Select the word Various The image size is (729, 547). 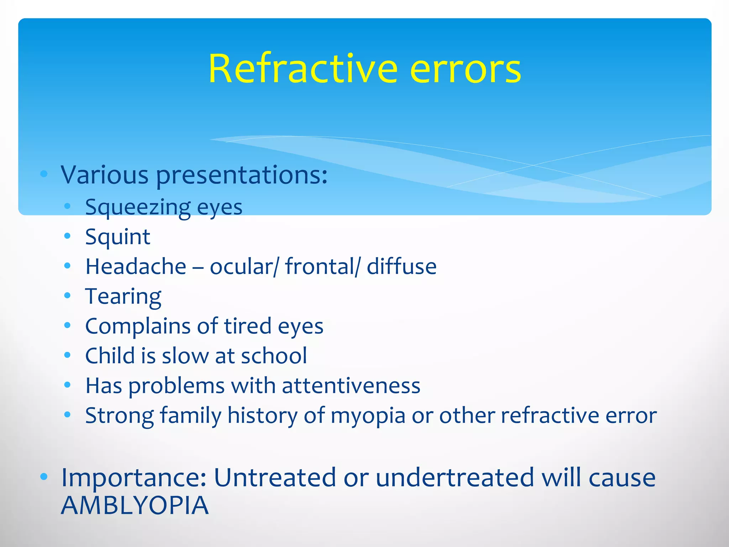[x=105, y=175]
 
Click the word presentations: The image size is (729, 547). [x=242, y=176]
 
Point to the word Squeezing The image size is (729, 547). [x=138, y=208]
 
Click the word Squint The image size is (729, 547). [x=118, y=237]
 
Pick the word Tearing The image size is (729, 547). [x=123, y=297]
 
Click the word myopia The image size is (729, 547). [x=368, y=416]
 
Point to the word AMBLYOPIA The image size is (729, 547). [x=135, y=505]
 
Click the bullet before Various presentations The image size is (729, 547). [x=44, y=174]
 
